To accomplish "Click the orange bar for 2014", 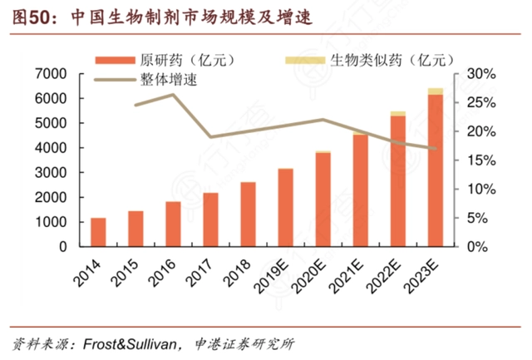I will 98,232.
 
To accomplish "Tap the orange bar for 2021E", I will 360,190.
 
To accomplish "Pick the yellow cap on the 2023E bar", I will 435,91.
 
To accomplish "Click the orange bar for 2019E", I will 285,207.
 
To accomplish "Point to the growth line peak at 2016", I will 172,94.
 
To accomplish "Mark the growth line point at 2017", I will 210,137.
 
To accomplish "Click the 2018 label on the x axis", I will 241,269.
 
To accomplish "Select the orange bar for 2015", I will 135,229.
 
